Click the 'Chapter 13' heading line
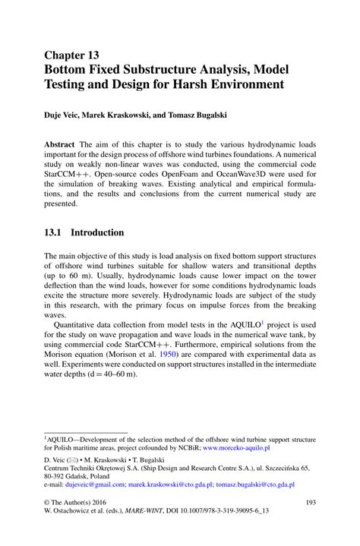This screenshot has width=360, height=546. (71, 55)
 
